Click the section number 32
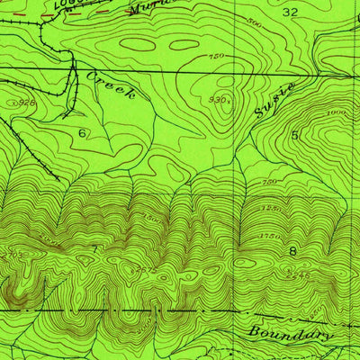(289, 13)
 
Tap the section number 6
(82, 133)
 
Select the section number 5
(294, 135)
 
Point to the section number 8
(292, 251)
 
